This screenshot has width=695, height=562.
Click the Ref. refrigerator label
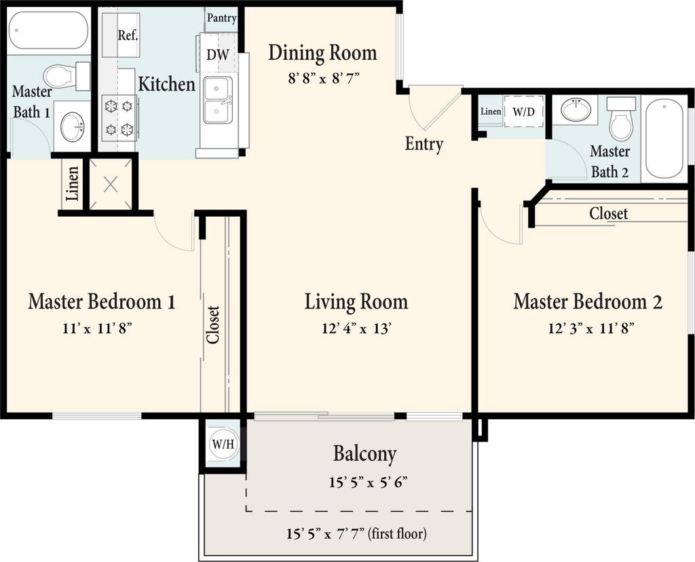pyautogui.click(x=128, y=35)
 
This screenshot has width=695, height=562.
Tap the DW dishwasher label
pyautogui.click(x=218, y=54)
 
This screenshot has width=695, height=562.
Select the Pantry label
pyautogui.click(x=222, y=18)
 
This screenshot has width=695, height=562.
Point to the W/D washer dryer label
pyautogui.click(x=523, y=112)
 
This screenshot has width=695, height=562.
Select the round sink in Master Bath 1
pyautogui.click(x=72, y=127)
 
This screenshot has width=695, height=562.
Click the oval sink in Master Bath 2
pyautogui.click(x=575, y=108)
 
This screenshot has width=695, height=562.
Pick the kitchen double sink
pyautogui.click(x=218, y=100)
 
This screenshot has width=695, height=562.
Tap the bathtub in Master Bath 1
pyautogui.click(x=49, y=30)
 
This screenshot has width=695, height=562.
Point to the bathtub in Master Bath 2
pyautogui.click(x=664, y=139)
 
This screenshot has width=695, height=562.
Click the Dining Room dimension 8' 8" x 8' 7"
pyautogui.click(x=322, y=79)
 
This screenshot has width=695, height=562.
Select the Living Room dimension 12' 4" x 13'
pyautogui.click(x=356, y=328)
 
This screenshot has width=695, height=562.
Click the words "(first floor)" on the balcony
pyautogui.click(x=397, y=533)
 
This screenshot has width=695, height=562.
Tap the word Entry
pyautogui.click(x=424, y=145)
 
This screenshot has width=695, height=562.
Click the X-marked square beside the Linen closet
pyautogui.click(x=111, y=183)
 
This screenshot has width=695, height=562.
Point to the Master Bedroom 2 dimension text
pyautogui.click(x=591, y=328)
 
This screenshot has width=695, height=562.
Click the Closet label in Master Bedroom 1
pyautogui.click(x=213, y=325)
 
